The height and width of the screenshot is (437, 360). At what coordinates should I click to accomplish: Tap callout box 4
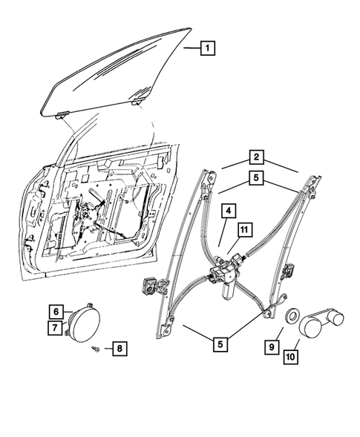(x=230, y=211)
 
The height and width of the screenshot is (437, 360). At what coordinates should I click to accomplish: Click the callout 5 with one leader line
(x=220, y=344)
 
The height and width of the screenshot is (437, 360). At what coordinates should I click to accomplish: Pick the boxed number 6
(x=56, y=310)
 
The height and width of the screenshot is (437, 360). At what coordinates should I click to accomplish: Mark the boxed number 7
(x=56, y=326)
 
